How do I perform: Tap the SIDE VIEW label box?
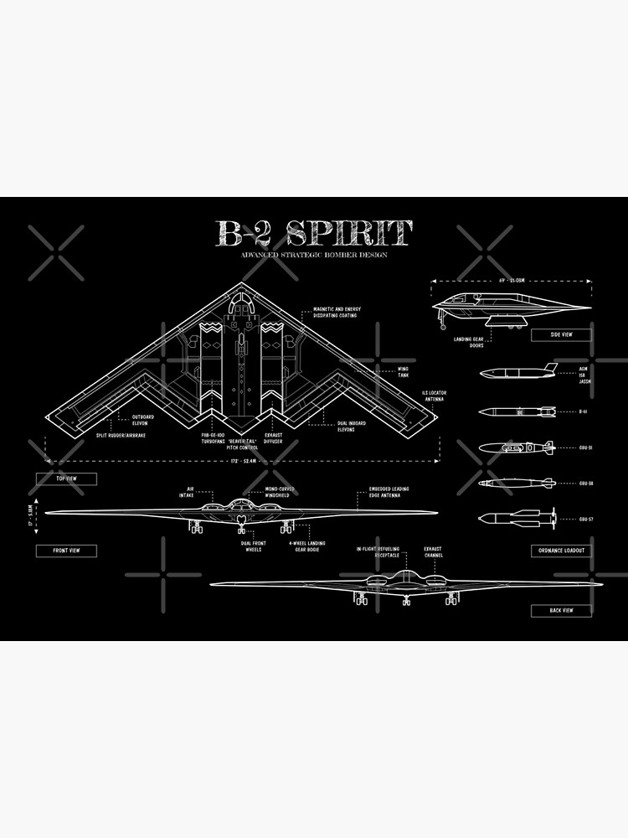click(x=561, y=334)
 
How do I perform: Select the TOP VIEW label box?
click(x=66, y=478)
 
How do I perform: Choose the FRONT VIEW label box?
click(x=66, y=551)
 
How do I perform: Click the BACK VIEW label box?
click(x=561, y=610)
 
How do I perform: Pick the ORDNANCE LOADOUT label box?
click(x=561, y=551)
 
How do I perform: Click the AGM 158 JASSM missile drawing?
click(x=517, y=371)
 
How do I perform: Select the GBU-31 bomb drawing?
click(x=516, y=447)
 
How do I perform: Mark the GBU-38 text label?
click(x=586, y=483)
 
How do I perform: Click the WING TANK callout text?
click(x=404, y=371)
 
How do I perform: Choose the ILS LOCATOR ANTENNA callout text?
click(x=433, y=396)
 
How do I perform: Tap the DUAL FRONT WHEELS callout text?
click(x=249, y=546)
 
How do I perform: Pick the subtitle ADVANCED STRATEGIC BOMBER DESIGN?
click(x=314, y=255)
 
